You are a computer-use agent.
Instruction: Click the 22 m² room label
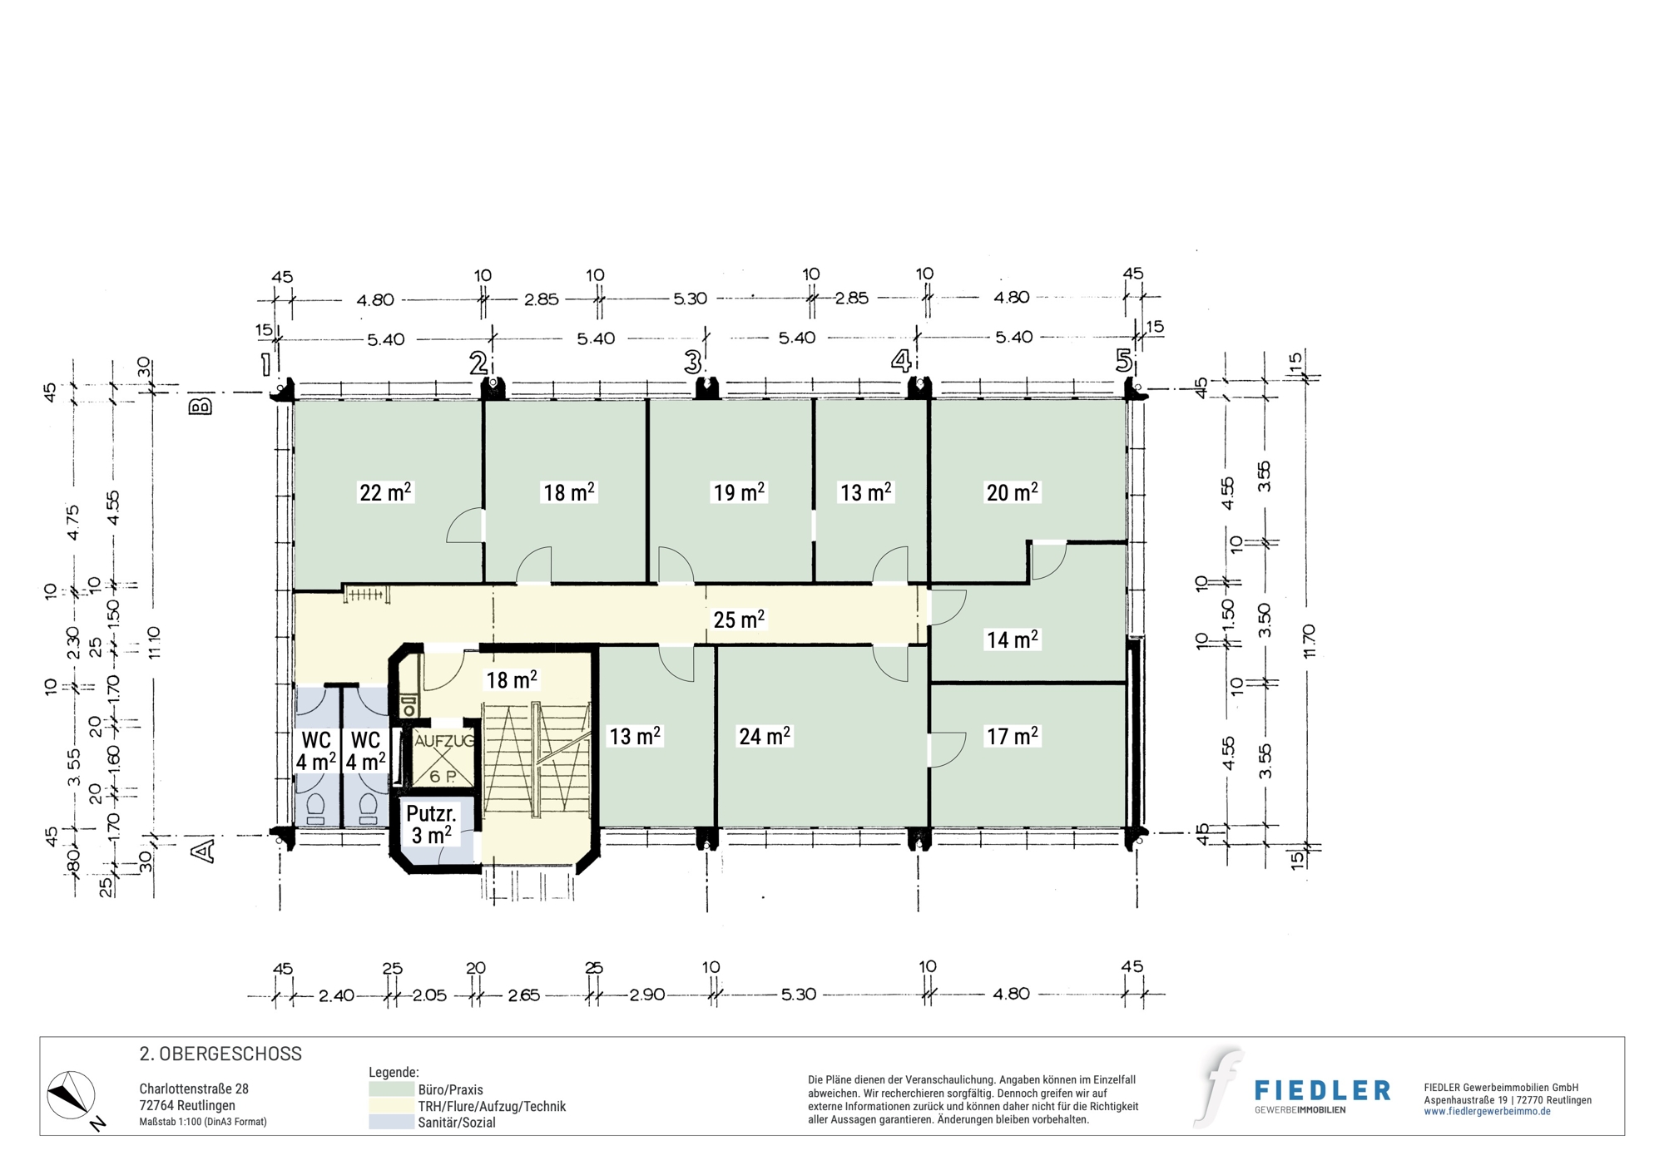click(x=385, y=492)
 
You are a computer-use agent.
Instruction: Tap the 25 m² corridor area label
click(x=739, y=620)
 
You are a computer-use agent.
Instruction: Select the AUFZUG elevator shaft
click(x=444, y=758)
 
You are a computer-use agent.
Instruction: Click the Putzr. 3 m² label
click(x=432, y=824)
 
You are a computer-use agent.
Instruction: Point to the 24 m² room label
click(x=765, y=736)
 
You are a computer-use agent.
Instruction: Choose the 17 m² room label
click(x=1012, y=736)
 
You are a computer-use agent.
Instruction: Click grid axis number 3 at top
click(x=692, y=362)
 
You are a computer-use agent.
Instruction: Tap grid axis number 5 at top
click(x=1123, y=361)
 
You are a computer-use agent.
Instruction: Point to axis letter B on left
click(x=201, y=406)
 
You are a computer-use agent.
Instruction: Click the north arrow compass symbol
click(x=72, y=1095)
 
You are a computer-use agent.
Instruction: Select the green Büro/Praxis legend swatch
click(x=391, y=1089)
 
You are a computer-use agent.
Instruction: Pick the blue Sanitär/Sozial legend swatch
click(x=391, y=1122)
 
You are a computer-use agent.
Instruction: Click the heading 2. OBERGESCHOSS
click(x=220, y=1054)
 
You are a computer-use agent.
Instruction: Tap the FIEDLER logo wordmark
click(x=1322, y=1090)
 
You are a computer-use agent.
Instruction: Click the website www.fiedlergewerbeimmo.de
click(x=1488, y=1112)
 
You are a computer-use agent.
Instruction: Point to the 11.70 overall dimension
click(x=1310, y=641)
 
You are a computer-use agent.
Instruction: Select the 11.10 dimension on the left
click(x=154, y=643)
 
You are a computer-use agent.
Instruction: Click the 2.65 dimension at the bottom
click(x=524, y=995)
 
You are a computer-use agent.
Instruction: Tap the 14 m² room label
click(x=1012, y=639)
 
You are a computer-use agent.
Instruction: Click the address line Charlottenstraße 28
click(x=194, y=1089)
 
